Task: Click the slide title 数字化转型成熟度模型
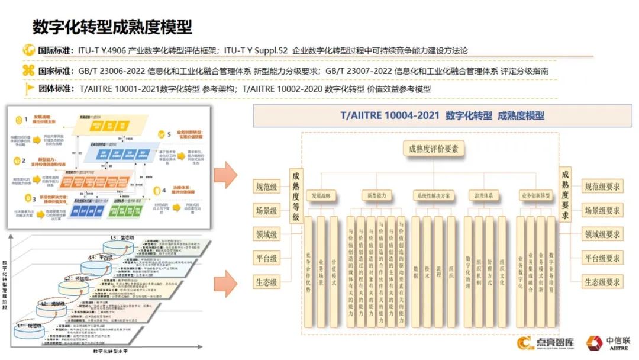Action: click(112, 27)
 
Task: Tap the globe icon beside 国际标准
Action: click(29, 50)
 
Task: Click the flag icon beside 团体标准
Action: click(29, 89)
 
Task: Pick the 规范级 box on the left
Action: click(266, 187)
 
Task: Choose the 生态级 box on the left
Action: click(266, 282)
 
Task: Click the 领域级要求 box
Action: click(602, 234)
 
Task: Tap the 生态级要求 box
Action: click(602, 282)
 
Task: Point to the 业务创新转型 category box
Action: click(536, 195)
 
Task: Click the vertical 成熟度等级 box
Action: click(296, 195)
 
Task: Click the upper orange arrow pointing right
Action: click(225, 176)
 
